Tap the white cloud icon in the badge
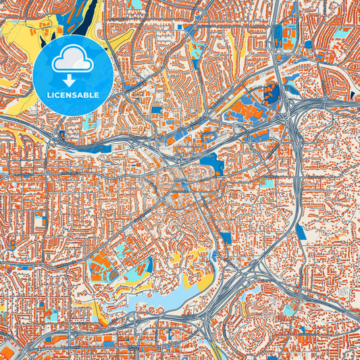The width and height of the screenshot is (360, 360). [x=72, y=61]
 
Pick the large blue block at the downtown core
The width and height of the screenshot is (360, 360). [x=213, y=163]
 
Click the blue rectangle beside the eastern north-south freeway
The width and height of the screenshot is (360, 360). [x=301, y=232]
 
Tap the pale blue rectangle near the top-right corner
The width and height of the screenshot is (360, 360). [x=342, y=32]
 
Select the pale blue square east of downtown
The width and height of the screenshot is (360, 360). [x=268, y=183]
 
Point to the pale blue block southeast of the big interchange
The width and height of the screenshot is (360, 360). [x=289, y=310]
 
